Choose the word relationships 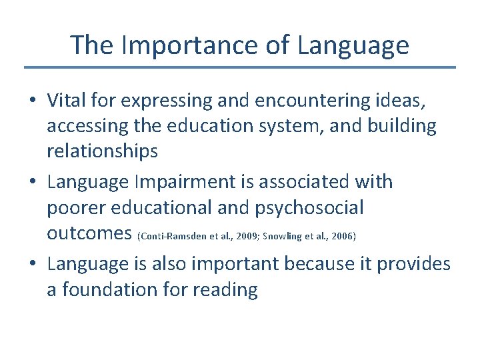pos(102,152)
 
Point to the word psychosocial pos(309,208)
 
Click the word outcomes pos(89,234)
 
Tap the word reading pos(225,291)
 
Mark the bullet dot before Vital pos(33,101)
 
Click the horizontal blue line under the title pos(240,67)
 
